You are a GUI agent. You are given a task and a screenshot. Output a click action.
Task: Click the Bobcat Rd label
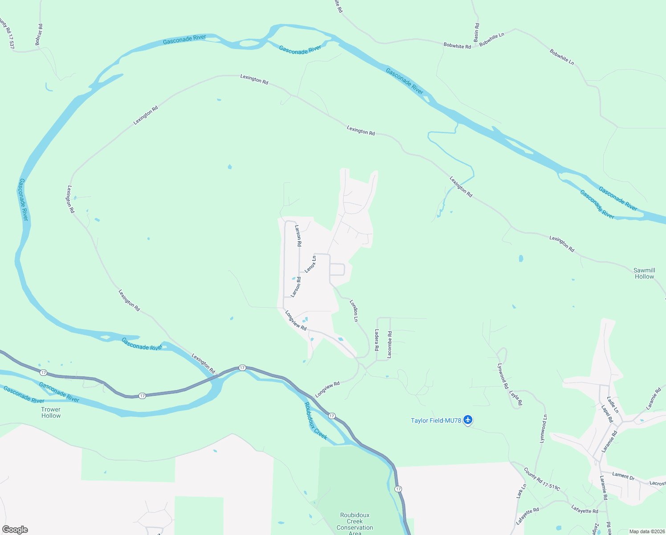[x=39, y=34]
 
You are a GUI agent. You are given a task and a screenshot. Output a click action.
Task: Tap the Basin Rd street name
[x=476, y=33]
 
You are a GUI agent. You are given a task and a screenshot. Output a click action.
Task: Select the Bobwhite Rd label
[x=457, y=46]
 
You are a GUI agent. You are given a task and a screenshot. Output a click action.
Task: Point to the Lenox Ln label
[x=310, y=264]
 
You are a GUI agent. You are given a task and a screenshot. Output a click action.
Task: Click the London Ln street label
[x=354, y=310]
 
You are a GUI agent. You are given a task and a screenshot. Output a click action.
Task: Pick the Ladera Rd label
[x=377, y=340]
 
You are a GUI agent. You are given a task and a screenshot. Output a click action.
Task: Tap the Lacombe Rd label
[x=390, y=344]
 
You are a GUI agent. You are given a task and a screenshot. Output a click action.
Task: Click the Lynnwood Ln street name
[x=543, y=428]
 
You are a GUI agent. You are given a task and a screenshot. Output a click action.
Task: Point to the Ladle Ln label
[x=613, y=404]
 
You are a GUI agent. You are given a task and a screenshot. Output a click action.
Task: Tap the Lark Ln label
[x=521, y=491]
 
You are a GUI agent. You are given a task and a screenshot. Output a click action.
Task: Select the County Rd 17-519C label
[x=542, y=479]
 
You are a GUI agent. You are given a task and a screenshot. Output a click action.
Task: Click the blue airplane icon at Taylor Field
[x=467, y=420]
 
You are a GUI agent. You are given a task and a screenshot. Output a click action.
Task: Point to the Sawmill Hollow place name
[x=644, y=273]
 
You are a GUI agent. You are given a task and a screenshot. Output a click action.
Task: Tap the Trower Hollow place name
[x=51, y=412]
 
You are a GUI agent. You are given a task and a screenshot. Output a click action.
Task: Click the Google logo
[x=15, y=530]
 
